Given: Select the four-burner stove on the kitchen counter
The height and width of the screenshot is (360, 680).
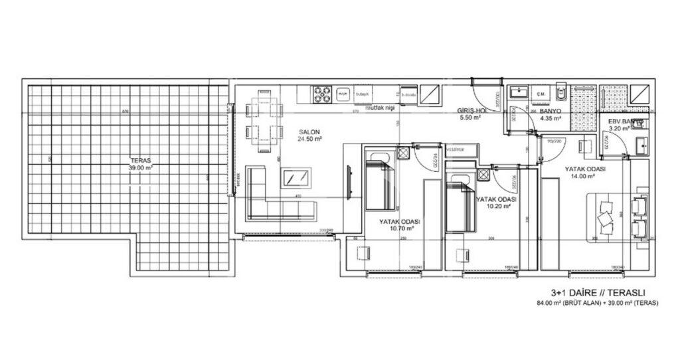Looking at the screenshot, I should point(323,95).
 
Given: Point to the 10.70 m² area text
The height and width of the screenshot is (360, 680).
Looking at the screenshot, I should point(402,228).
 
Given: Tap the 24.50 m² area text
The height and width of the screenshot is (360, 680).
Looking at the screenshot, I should point(309,140).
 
